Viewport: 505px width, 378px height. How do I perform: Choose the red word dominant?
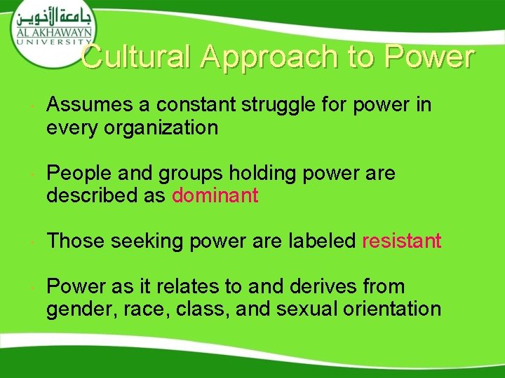tap(215, 196)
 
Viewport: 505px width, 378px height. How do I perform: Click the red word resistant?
tap(401, 241)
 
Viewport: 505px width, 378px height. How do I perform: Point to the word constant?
tap(196, 106)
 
